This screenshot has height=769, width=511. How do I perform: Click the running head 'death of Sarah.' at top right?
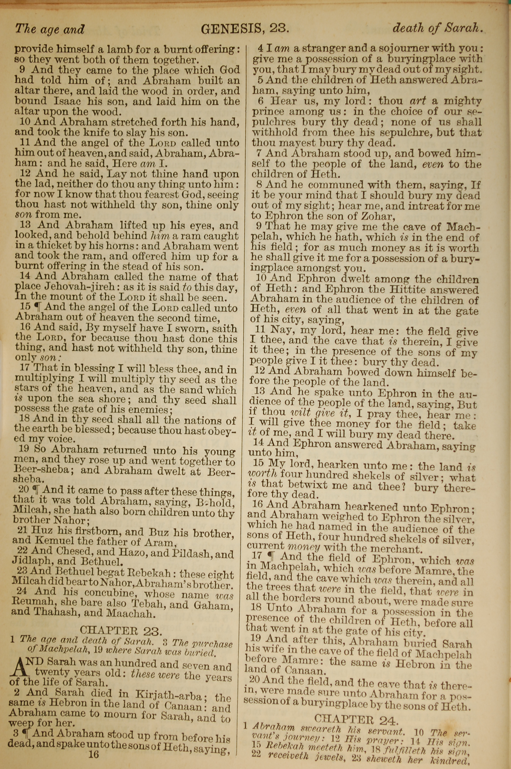pos(437,28)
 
